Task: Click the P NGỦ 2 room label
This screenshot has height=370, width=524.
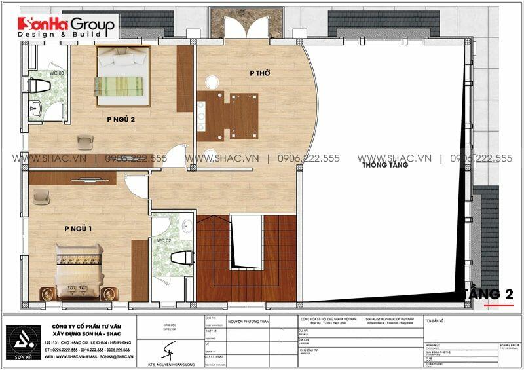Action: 121,119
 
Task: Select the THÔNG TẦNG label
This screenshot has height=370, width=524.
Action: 384,165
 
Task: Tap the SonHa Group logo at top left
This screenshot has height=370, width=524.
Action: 66,26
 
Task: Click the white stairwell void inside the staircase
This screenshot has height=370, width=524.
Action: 246,240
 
